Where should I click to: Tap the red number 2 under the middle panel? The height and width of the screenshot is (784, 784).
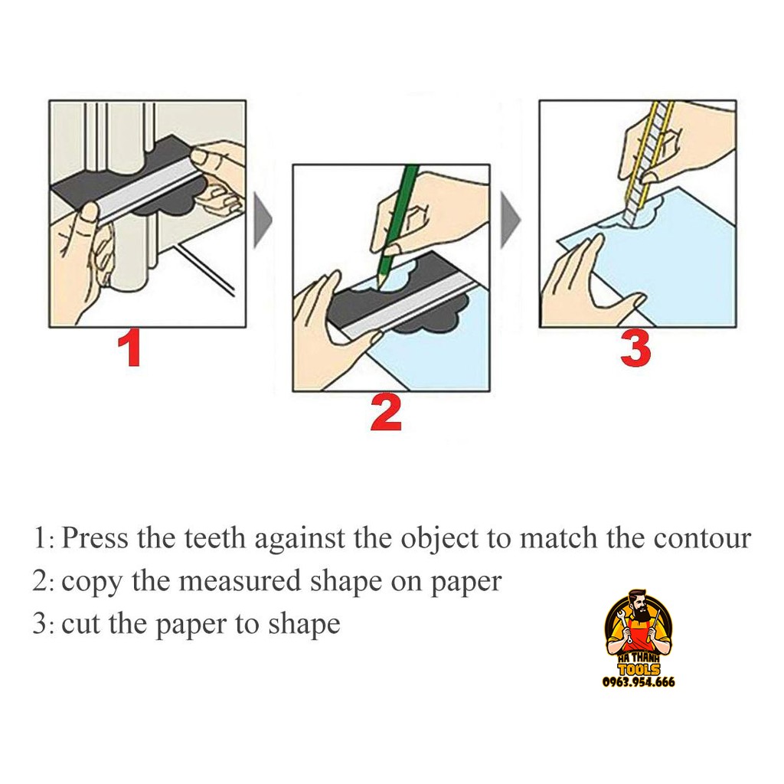(386, 413)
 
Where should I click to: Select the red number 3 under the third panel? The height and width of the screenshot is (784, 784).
(635, 349)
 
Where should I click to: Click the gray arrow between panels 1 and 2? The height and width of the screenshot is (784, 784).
(263, 220)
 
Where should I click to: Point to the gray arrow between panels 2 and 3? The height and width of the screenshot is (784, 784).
(510, 220)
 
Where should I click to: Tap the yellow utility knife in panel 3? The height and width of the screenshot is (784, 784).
(648, 162)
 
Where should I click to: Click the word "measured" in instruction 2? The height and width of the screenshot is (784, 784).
(240, 582)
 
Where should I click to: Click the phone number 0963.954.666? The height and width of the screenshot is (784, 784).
(639, 682)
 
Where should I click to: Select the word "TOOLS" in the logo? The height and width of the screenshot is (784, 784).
(639, 669)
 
